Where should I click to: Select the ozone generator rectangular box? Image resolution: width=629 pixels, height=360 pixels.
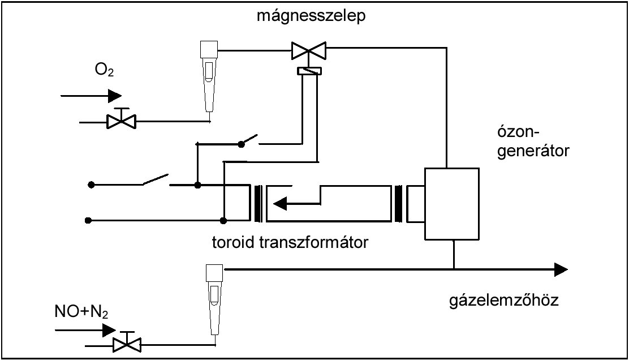pos(453,204)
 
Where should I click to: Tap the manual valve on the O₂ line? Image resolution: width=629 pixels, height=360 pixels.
pos(122,120)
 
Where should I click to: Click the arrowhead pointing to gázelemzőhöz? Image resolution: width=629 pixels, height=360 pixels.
pos(560,269)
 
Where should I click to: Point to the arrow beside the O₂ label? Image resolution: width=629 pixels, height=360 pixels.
pos(91,95)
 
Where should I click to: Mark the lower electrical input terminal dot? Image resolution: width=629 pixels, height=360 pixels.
pos(89,220)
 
